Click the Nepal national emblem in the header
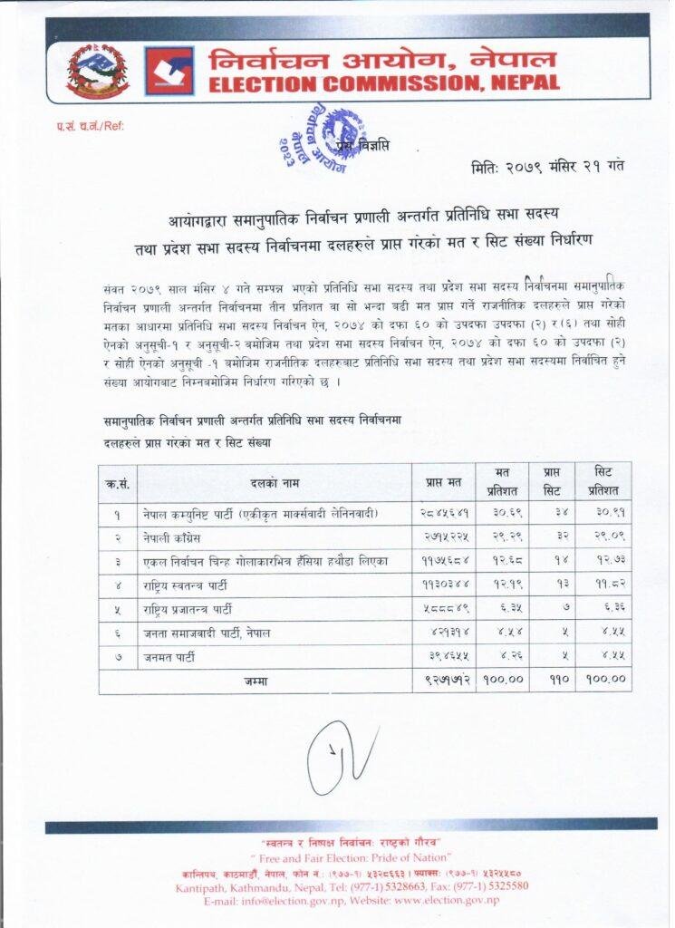coord(98,70)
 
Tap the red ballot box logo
coord(169,71)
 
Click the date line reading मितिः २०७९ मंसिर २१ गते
coord(547,166)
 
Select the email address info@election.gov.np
coord(294,902)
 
